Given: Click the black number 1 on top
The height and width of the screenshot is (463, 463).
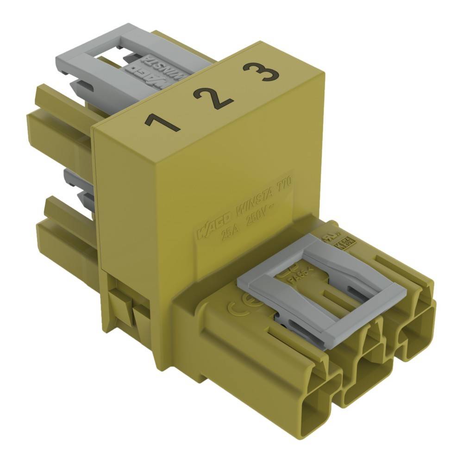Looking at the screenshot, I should point(162,122).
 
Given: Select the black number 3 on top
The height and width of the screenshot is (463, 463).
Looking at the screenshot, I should point(261,72).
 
